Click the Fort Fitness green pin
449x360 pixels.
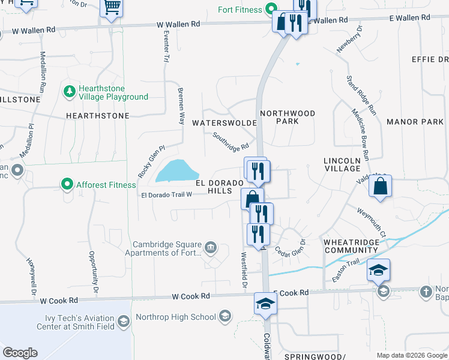271,10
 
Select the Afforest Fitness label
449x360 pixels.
106,185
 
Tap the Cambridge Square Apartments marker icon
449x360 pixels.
211,247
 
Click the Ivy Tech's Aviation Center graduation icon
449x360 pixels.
123,322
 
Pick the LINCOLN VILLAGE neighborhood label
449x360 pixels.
342,165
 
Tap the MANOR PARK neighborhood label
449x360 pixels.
415,122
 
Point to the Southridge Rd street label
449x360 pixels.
231,142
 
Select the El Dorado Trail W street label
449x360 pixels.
166,194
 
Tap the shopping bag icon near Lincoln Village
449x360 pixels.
381,187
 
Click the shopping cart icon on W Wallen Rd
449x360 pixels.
112,8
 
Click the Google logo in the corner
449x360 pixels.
20,353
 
